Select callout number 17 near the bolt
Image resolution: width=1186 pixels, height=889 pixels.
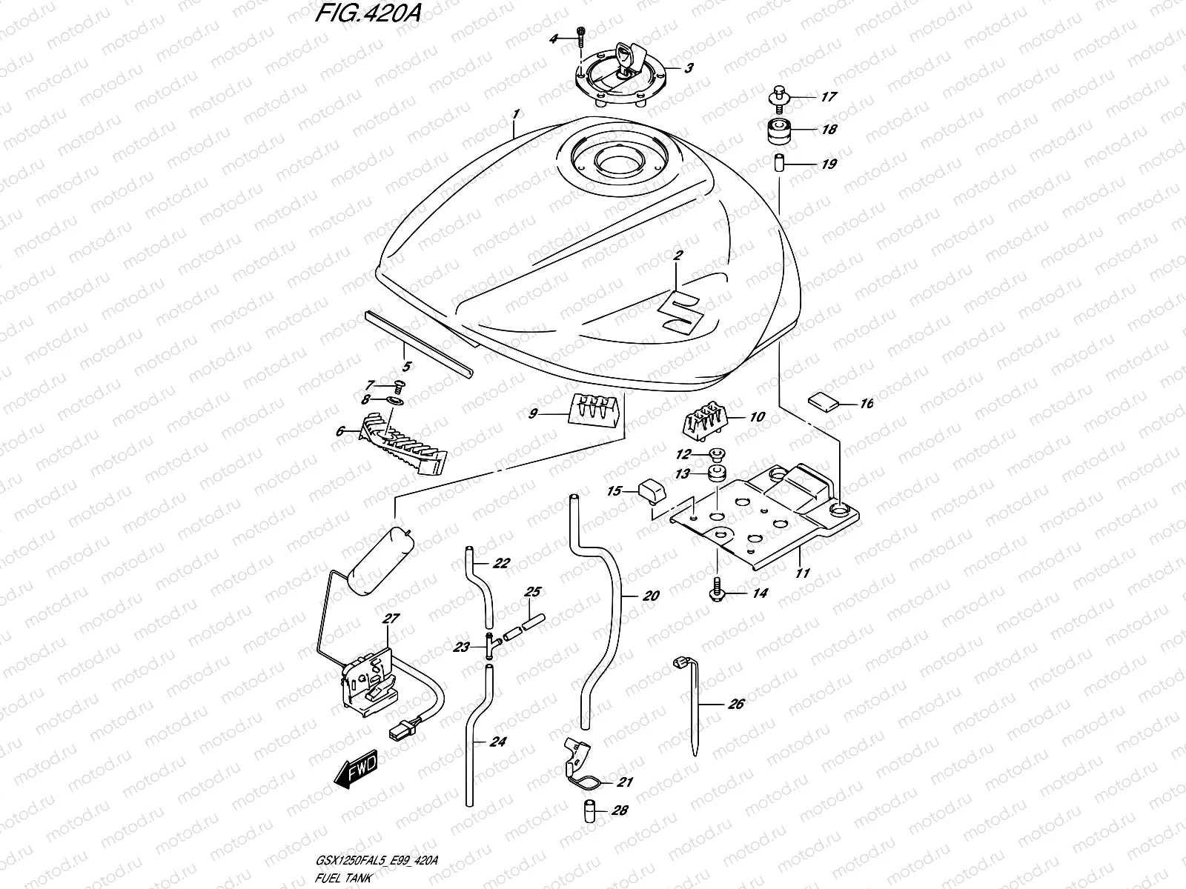click(828, 97)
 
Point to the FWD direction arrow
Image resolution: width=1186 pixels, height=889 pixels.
click(356, 768)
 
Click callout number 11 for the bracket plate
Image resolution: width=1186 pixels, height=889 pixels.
click(803, 573)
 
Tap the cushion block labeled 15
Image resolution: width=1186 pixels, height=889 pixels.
click(650, 490)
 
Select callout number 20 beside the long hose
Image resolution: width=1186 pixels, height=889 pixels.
click(651, 596)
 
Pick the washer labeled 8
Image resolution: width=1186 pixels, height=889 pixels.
click(397, 401)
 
